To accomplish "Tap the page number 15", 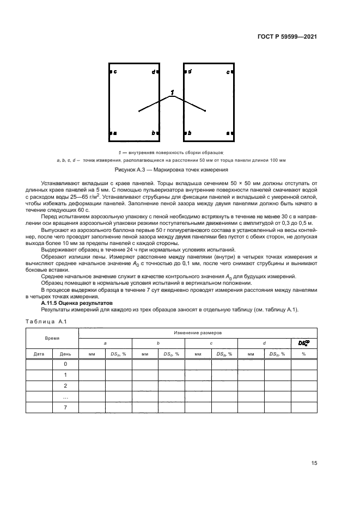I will click(x=314, y=463).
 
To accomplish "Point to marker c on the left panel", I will click(x=115, y=72).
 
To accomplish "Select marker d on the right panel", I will click(x=190, y=72).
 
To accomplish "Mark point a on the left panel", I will click(x=115, y=133).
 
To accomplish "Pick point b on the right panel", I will click(x=190, y=133).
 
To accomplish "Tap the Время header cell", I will click(x=52, y=338).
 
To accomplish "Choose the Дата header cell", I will click(x=39, y=354).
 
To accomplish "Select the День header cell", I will click(x=65, y=354).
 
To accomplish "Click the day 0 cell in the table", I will click(x=65, y=364).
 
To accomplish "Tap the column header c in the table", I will click(x=211, y=344).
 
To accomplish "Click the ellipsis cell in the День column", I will click(x=65, y=397).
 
